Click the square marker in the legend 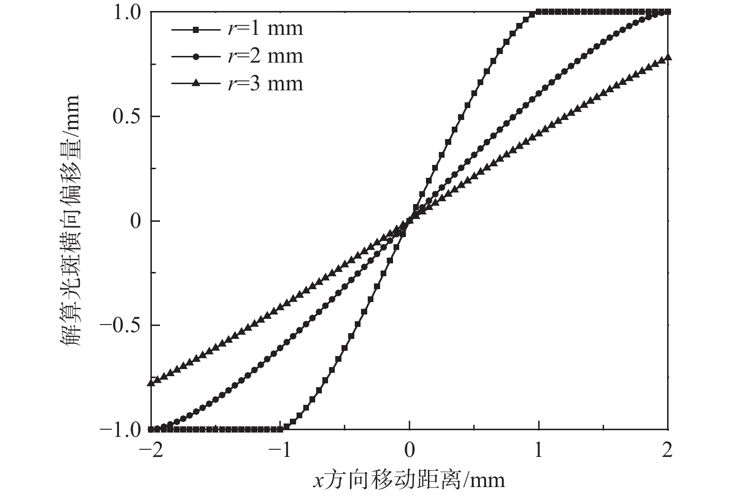point(195,30)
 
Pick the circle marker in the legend point(195,57)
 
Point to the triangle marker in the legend point(195,84)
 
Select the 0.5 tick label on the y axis point(127,116)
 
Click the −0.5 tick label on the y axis point(122,325)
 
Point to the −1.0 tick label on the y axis point(122,430)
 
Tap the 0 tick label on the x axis point(410,450)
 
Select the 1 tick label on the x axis point(539,450)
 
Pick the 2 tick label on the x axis point(668,450)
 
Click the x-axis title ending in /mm point(409,480)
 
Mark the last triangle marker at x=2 point(668,58)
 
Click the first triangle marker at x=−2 point(151,382)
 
